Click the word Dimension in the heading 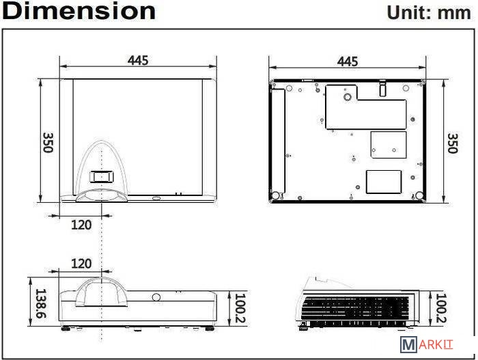(x=79, y=11)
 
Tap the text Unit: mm (x=429, y=13)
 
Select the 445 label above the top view (x=138, y=60)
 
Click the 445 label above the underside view (x=348, y=61)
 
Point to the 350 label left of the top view (x=48, y=143)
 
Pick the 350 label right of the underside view (x=452, y=143)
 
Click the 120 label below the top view (x=81, y=225)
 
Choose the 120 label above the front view (x=81, y=264)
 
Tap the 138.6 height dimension (x=41, y=303)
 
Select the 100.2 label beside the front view (x=240, y=308)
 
